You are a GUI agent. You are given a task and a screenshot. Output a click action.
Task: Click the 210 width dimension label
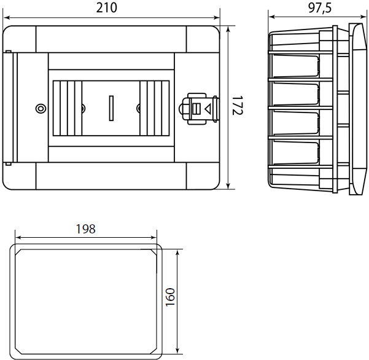(x=107, y=8)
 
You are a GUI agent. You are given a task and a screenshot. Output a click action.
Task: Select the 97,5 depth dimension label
(x=320, y=8)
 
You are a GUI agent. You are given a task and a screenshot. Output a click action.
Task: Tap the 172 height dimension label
(x=237, y=106)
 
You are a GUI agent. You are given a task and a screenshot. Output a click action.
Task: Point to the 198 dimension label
(x=86, y=229)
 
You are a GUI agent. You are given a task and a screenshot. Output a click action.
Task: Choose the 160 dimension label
(x=170, y=297)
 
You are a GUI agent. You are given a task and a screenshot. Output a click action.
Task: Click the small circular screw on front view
(x=41, y=109)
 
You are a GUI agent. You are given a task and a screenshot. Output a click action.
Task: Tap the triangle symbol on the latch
(x=208, y=109)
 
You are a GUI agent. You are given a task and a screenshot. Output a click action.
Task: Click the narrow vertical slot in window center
(x=111, y=108)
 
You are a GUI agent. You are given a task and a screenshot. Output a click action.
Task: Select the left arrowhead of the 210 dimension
(x=7, y=18)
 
